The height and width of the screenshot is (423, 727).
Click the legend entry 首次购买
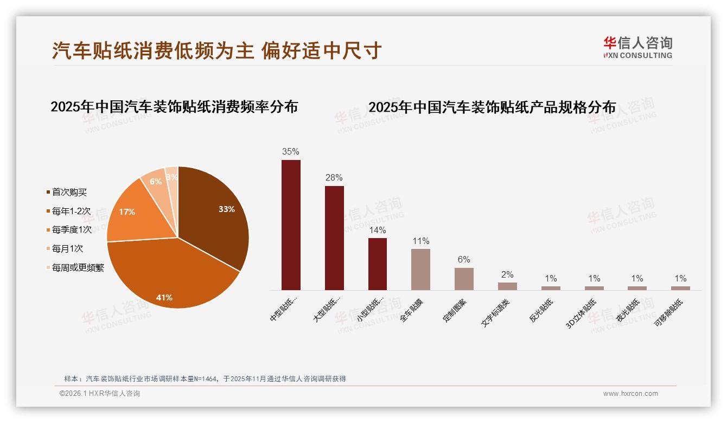coord(69,192)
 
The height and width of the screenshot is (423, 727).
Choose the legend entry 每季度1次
coord(72,230)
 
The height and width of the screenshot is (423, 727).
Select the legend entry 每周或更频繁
coord(78,268)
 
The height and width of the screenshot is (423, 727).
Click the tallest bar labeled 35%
coord(291,225)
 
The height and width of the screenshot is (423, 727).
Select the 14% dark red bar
coord(378,264)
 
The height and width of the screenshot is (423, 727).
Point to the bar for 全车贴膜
coord(421,269)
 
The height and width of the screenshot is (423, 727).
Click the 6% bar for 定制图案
coord(464,279)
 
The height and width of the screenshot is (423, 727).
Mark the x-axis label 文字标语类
coord(495,312)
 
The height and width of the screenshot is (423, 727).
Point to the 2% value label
coord(507,275)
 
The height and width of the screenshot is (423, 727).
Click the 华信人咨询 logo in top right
coord(637,48)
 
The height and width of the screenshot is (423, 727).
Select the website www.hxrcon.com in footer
coord(630,394)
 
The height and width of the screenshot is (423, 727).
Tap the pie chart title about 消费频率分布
coord(174,107)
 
